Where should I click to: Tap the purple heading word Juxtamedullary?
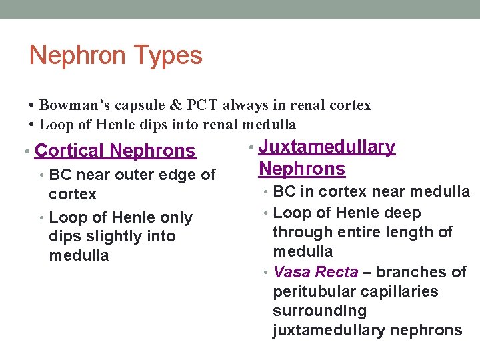click(x=327, y=147)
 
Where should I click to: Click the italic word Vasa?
click(x=290, y=272)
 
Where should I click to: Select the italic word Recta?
click(x=336, y=272)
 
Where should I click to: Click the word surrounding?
click(x=319, y=311)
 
